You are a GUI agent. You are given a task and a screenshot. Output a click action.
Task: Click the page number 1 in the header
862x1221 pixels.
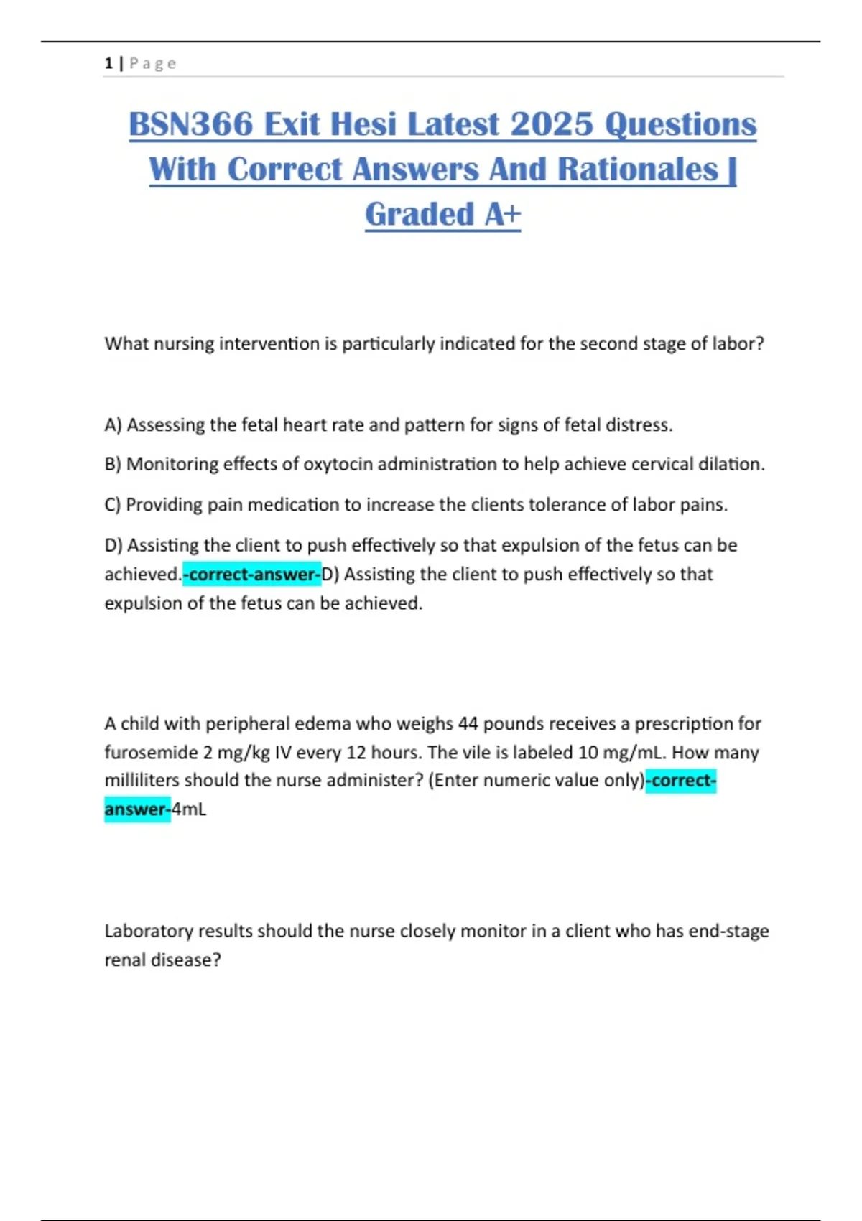[x=108, y=63]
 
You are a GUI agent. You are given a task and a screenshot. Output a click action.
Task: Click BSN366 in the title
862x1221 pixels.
[x=190, y=124]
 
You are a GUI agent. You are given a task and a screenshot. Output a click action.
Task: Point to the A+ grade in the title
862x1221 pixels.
[x=502, y=214]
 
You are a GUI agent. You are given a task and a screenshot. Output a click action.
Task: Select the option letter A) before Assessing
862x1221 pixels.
[x=113, y=425]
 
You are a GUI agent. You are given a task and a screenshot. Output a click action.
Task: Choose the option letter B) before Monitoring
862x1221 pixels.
[x=113, y=465]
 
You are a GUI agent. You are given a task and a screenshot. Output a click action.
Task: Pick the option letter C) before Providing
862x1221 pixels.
[x=113, y=505]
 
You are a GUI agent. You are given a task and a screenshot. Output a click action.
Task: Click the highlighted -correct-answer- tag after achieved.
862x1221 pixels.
[x=252, y=575]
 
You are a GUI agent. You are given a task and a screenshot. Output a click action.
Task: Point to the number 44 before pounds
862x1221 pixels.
[x=468, y=723]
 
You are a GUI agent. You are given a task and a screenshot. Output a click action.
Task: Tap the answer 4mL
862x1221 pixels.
[x=189, y=809]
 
